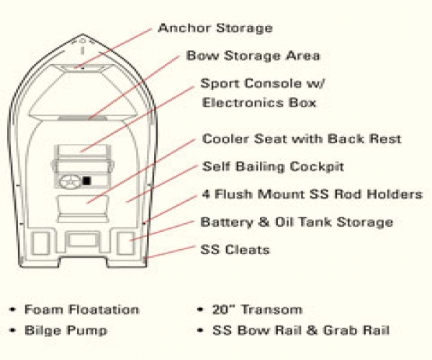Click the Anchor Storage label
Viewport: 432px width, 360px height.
(215, 28)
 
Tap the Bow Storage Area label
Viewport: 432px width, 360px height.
(253, 56)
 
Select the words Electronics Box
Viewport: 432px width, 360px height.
(259, 103)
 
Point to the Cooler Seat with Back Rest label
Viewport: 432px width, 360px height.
(302, 139)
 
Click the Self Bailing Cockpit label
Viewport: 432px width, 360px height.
(273, 167)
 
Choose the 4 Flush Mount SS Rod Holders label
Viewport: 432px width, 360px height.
(312, 194)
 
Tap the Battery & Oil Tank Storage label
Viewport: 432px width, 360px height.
(297, 222)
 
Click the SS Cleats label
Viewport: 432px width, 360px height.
(235, 250)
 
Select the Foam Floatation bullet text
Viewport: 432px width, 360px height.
(82, 310)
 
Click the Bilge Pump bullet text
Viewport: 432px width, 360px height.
(66, 330)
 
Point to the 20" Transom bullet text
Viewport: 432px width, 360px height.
(257, 310)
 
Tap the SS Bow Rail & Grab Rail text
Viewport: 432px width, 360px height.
(301, 330)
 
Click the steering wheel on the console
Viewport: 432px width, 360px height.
(70, 182)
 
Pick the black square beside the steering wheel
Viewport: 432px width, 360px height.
(86, 181)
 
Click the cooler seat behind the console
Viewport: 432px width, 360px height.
(83, 209)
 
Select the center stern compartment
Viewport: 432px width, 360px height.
(83, 240)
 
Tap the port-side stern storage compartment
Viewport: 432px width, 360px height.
(41, 243)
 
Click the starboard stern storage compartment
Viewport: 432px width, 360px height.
(126, 243)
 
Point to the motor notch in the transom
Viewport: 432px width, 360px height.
(83, 262)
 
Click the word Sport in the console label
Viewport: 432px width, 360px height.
(220, 84)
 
